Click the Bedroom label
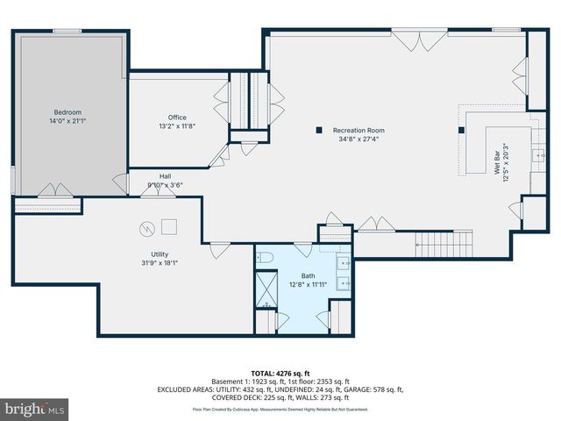click(67, 112)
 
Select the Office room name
click(177, 118)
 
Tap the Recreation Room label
click(359, 131)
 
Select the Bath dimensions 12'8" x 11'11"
click(308, 284)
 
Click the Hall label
click(165, 175)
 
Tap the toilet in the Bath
click(266, 257)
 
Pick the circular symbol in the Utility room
click(146, 229)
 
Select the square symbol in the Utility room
click(168, 225)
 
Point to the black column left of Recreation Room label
click(318, 131)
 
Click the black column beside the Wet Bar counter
click(461, 131)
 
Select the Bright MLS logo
click(34, 409)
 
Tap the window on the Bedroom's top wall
click(67, 32)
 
